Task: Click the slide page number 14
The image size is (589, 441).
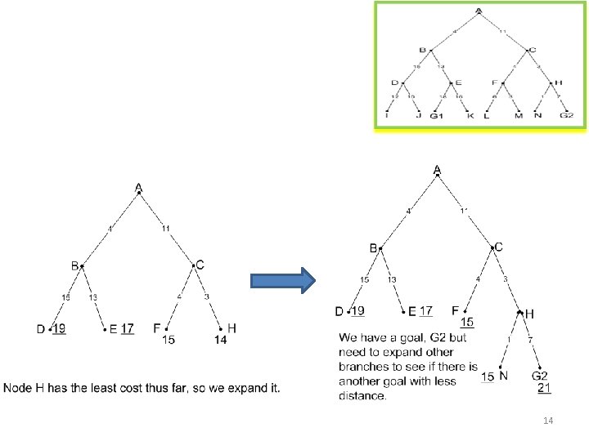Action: pyautogui.click(x=548, y=420)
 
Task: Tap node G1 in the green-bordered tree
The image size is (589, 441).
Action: pyautogui.click(x=436, y=116)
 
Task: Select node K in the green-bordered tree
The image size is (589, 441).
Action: pyautogui.click(x=470, y=116)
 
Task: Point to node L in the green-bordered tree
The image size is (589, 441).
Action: pyautogui.click(x=488, y=116)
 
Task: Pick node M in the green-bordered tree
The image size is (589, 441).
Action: pyautogui.click(x=518, y=116)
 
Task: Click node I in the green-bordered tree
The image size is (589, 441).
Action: pyautogui.click(x=387, y=116)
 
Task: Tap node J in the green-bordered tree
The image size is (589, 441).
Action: pyautogui.click(x=419, y=116)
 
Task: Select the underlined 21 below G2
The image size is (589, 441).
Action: pyautogui.click(x=545, y=389)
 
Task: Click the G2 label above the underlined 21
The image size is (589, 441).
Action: pyautogui.click(x=541, y=376)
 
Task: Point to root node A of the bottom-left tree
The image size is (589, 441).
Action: pyautogui.click(x=139, y=188)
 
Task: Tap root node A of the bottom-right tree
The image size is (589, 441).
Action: pyautogui.click(x=437, y=170)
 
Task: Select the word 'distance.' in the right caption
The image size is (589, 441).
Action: pyautogui.click(x=362, y=397)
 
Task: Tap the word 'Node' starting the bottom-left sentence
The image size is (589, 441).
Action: pyautogui.click(x=19, y=387)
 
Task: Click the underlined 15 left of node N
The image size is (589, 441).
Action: pyautogui.click(x=488, y=376)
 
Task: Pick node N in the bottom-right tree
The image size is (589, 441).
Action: pyautogui.click(x=503, y=376)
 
